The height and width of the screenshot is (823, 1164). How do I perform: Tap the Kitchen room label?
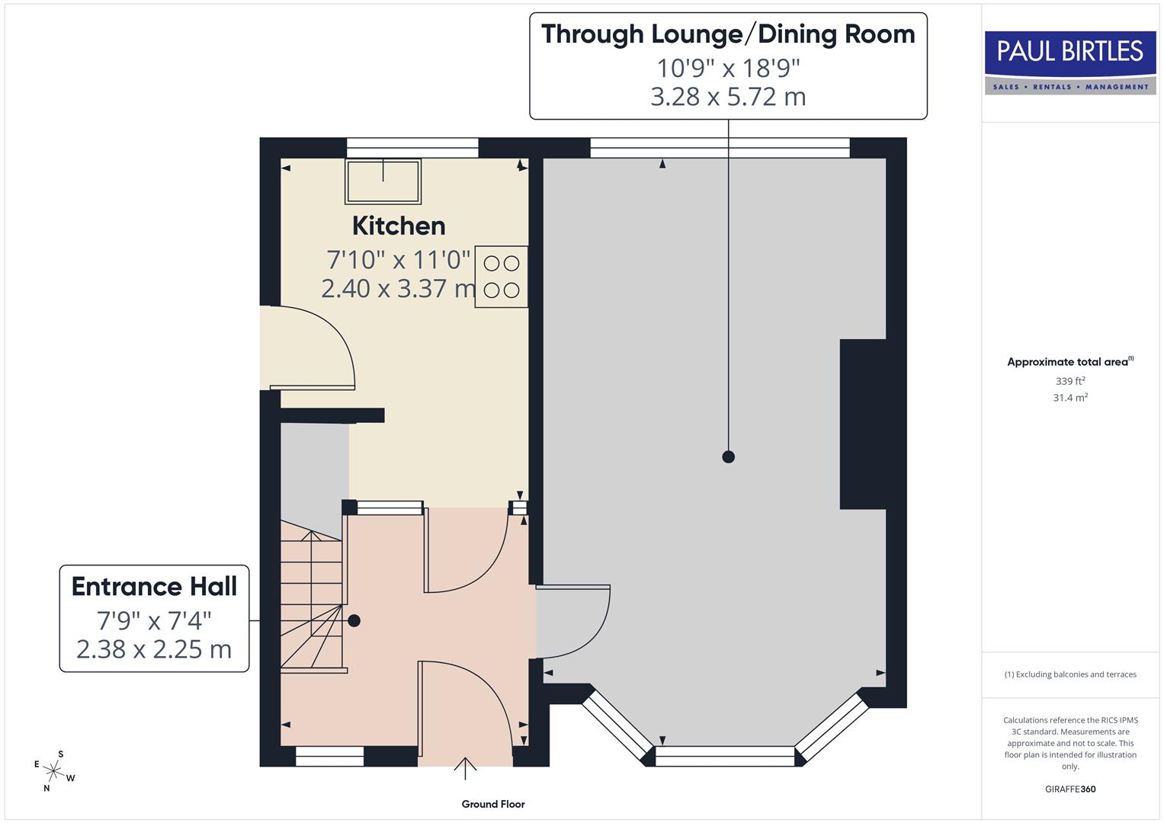(399, 226)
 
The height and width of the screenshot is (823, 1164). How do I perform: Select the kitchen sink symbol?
(383, 181)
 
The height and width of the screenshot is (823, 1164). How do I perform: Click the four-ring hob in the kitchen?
(501, 277)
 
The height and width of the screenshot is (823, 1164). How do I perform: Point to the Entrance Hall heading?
(154, 587)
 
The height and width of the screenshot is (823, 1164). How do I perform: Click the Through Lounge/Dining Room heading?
(728, 35)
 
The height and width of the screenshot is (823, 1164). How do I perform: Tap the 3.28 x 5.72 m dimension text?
(728, 98)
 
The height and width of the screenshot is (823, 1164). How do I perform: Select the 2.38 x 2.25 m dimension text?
(154, 649)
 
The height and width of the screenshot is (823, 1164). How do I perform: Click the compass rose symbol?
(53, 770)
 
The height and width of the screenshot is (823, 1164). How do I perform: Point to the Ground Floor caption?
(493, 804)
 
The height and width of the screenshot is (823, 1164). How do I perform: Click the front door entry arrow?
(465, 768)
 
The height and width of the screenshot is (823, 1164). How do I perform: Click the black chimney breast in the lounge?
(862, 424)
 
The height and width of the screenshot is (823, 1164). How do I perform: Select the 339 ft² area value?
(1070, 381)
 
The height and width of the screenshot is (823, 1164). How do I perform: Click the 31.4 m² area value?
(1070, 398)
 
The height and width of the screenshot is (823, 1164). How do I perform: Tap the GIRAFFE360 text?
(1070, 789)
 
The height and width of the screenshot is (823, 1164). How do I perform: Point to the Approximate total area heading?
(1069, 362)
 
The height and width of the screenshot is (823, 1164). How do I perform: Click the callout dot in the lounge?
(728, 457)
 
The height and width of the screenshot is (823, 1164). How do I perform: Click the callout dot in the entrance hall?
(354, 621)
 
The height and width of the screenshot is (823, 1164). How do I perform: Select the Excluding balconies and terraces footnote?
(1070, 674)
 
